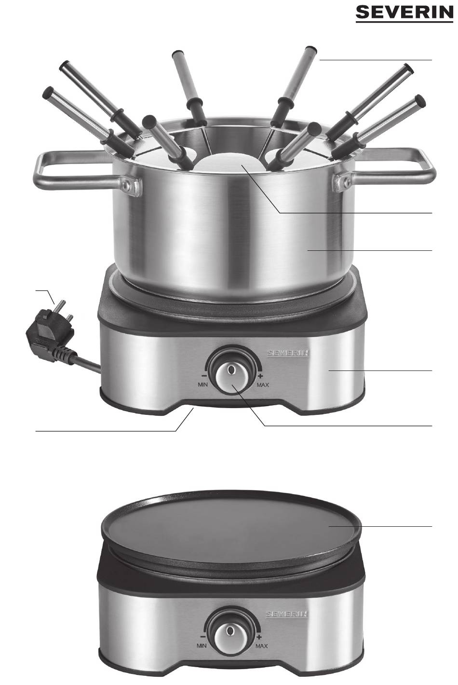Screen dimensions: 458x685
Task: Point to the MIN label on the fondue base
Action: click(202, 384)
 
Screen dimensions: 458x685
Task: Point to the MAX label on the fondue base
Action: click(263, 384)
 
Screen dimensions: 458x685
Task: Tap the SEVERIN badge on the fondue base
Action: click(288, 353)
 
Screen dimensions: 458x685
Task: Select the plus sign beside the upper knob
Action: click(260, 376)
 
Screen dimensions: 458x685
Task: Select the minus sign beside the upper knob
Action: click(204, 376)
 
